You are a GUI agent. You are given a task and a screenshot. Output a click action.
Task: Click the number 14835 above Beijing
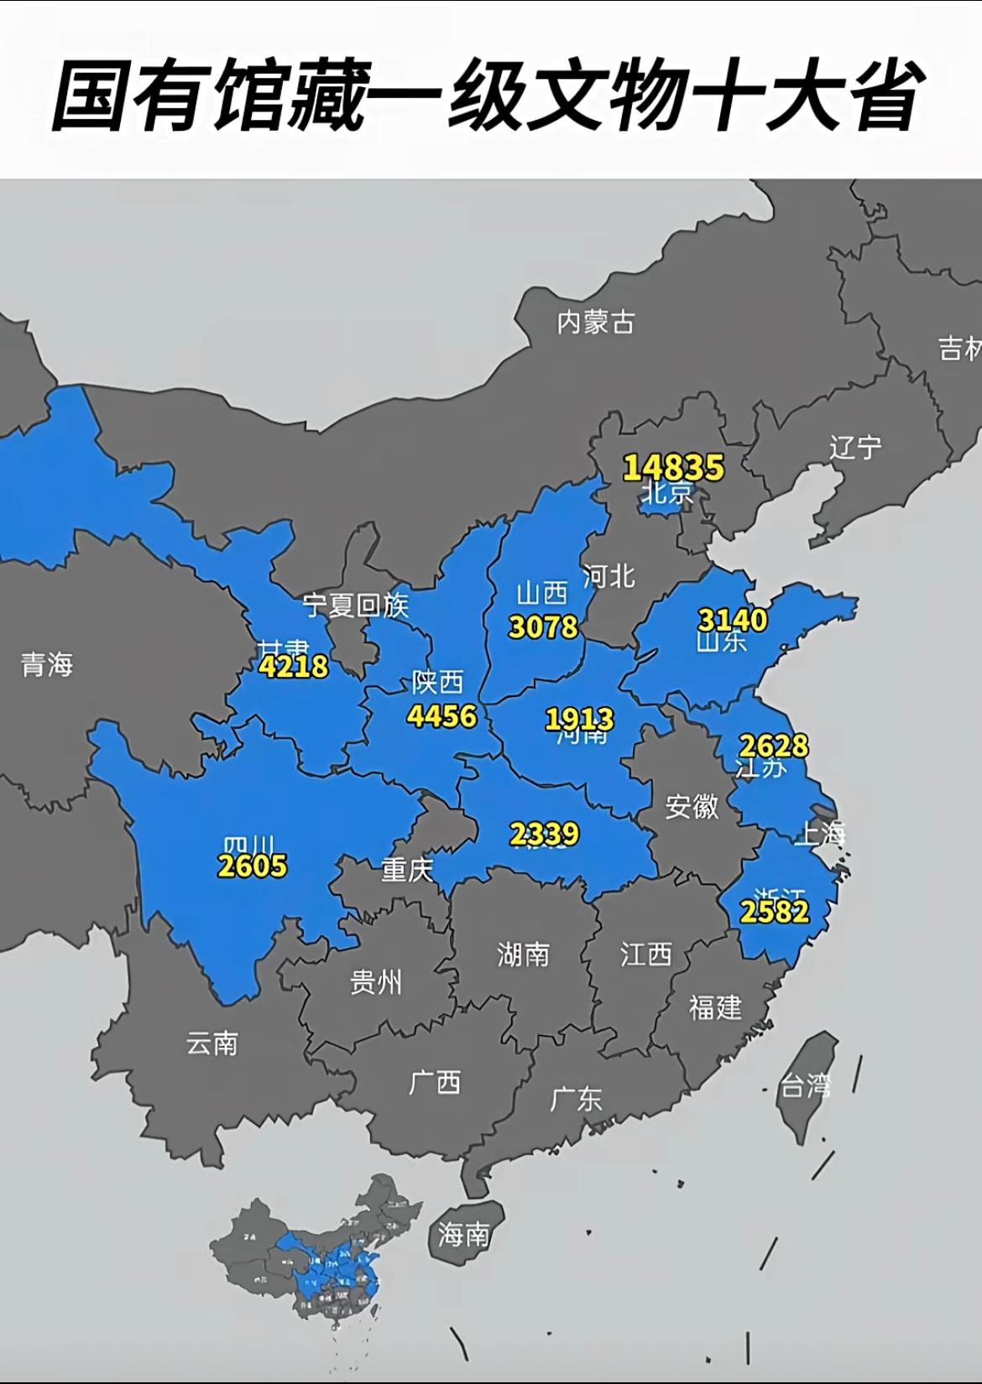(x=673, y=467)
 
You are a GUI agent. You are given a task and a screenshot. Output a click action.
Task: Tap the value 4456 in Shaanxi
(x=441, y=715)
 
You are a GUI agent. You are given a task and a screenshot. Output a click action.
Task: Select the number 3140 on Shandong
(x=732, y=620)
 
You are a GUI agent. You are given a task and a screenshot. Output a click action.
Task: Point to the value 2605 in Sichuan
(x=252, y=865)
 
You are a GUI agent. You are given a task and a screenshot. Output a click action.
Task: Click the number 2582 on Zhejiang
(x=775, y=911)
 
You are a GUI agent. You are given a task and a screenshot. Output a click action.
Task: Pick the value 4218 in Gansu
(x=293, y=667)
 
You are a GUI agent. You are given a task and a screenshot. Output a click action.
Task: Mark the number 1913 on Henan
(x=579, y=719)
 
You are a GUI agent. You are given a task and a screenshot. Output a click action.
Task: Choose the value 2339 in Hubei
(x=544, y=834)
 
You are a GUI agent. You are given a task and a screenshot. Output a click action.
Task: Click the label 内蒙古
(x=596, y=322)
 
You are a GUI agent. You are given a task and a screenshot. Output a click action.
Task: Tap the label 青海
(x=47, y=665)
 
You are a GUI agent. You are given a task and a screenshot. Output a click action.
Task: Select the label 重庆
(x=407, y=870)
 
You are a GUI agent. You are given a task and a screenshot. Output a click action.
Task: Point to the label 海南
(x=463, y=1234)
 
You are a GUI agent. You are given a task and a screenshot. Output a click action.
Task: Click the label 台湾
(x=806, y=1087)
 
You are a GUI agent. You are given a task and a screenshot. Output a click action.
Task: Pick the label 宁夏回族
(x=356, y=605)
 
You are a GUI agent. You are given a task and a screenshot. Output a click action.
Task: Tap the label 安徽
(x=692, y=807)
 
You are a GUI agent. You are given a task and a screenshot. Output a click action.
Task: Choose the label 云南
(x=212, y=1043)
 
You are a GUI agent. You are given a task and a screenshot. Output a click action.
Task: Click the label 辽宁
(x=855, y=447)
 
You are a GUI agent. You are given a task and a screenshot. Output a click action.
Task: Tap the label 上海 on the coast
(x=820, y=833)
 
